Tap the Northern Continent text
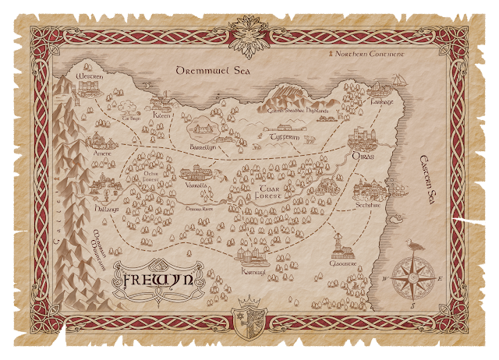pos(366,54)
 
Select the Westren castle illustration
pos(84,67)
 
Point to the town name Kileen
pos(162,114)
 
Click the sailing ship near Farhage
pos(398,80)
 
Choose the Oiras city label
pos(364,156)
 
